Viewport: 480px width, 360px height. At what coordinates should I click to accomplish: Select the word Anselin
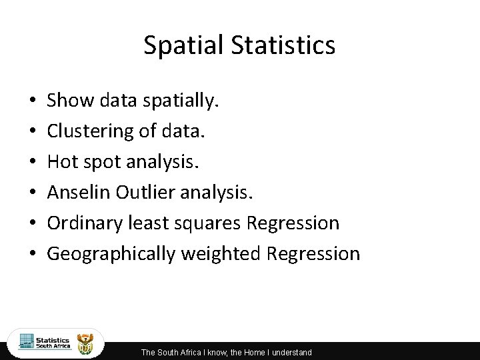78,193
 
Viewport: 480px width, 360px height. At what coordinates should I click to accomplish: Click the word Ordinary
83,223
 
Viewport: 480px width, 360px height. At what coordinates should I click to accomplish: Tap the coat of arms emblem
87,343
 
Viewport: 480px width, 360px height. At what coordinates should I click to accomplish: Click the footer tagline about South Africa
226,352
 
